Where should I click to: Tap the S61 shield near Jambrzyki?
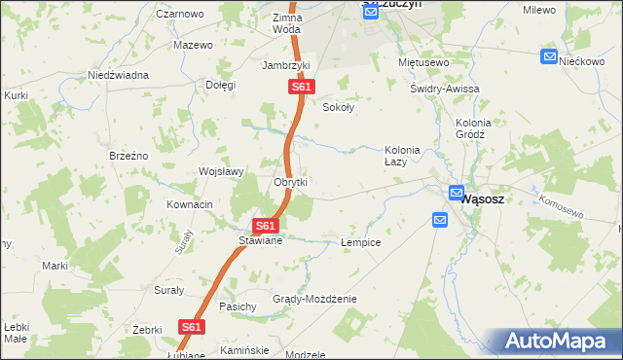coord(301,88)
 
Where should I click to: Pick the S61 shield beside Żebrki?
coord(192,328)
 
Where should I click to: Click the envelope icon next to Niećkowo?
coord(549,57)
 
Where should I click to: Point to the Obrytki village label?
coord(290,183)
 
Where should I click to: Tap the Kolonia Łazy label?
coord(402,156)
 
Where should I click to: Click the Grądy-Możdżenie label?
coord(314,299)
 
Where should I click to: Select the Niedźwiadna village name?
coord(118,75)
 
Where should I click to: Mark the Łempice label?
coord(360,241)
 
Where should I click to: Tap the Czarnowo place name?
coord(179,15)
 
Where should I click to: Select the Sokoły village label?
coord(338,108)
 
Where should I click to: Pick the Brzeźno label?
coord(128,156)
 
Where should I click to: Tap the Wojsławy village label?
coord(220,171)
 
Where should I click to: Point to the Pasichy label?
coord(238,306)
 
